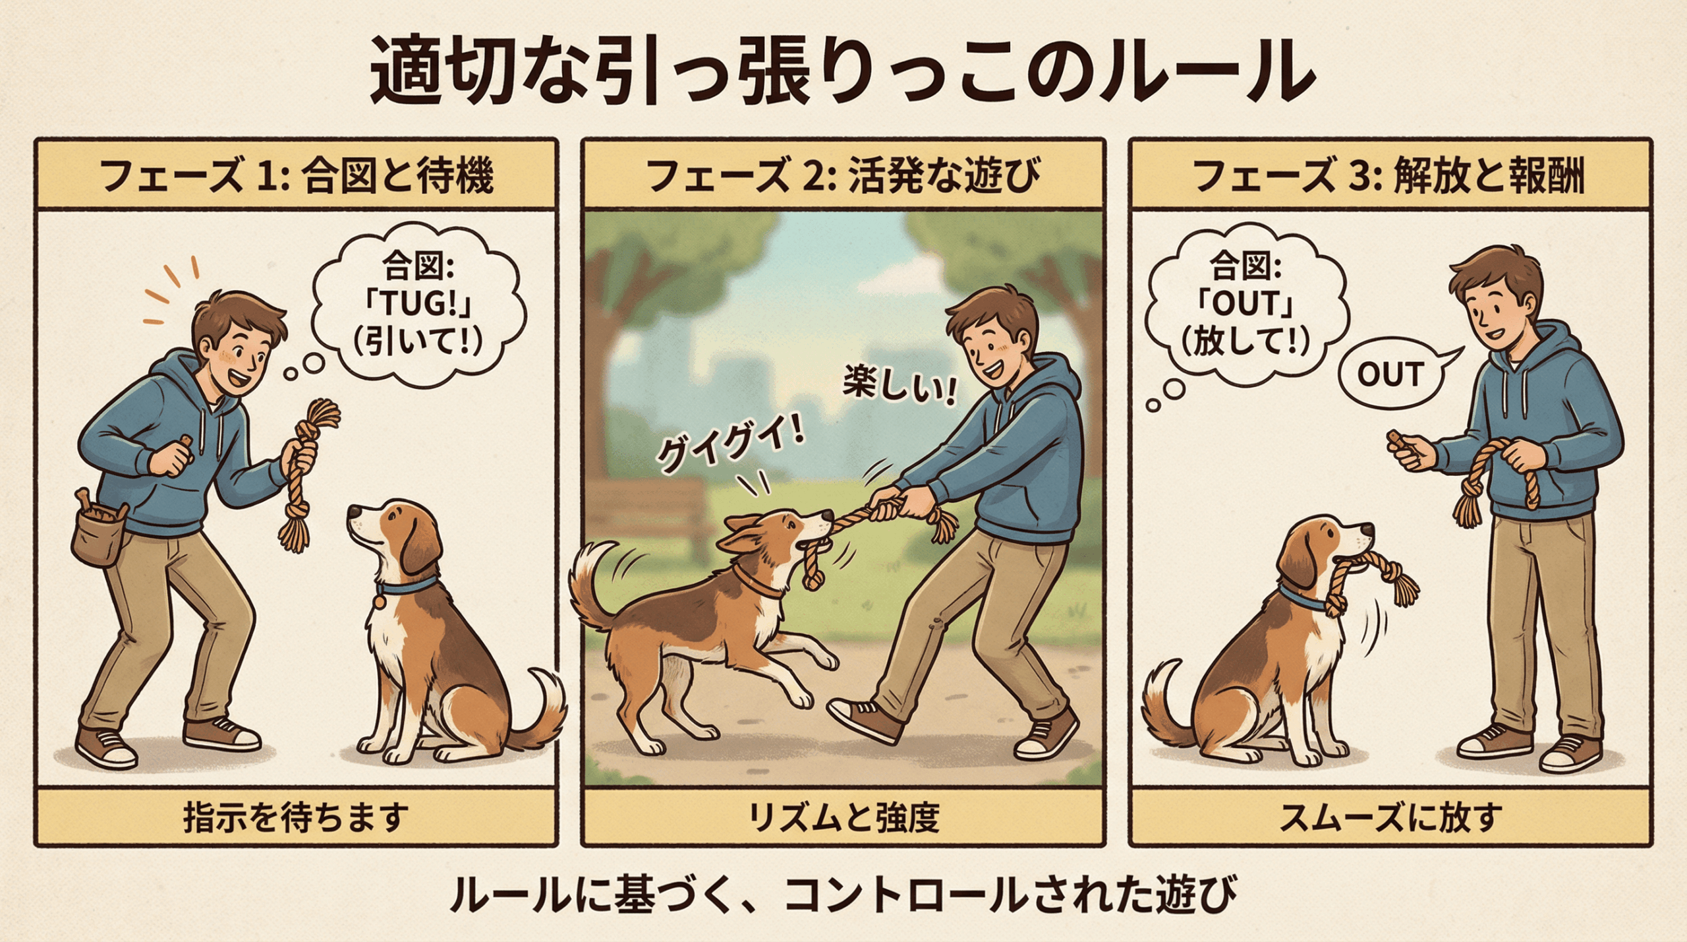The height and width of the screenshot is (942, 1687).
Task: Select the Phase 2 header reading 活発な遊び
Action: (944, 176)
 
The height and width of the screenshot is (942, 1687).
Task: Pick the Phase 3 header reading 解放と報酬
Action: (1489, 176)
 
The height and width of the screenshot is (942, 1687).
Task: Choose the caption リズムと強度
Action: (843, 817)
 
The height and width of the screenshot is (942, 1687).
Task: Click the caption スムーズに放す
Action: (1391, 817)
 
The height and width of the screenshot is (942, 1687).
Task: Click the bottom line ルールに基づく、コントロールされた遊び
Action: (843, 895)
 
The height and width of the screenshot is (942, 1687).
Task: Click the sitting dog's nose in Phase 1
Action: (354, 512)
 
